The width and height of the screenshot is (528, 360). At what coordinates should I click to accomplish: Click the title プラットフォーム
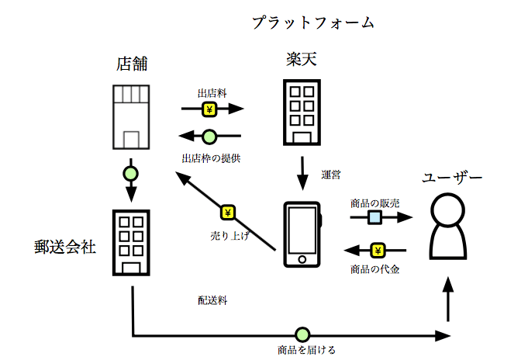coord(312,22)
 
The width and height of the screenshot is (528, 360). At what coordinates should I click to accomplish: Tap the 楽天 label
coord(301,59)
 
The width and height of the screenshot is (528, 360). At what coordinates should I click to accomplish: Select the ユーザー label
coord(452,178)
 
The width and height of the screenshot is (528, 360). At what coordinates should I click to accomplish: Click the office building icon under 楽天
coord(300,112)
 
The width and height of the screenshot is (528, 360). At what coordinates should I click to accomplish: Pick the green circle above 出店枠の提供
coord(209,137)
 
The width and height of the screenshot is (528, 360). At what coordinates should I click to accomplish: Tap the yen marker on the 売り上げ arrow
coord(228,212)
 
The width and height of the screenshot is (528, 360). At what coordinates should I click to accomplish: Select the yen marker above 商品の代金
coord(378,250)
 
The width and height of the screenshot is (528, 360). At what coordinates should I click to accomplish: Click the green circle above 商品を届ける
coord(302,335)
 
